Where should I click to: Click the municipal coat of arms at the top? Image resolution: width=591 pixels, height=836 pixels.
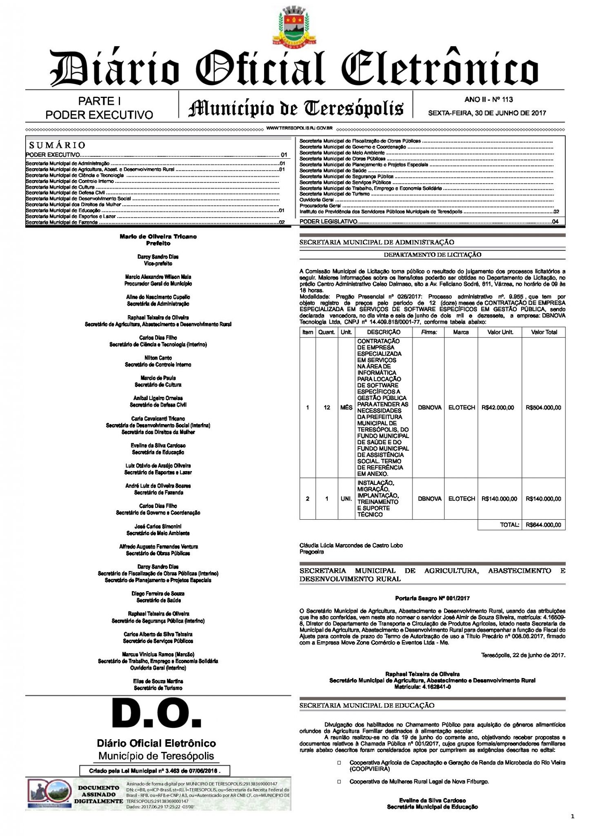(295, 25)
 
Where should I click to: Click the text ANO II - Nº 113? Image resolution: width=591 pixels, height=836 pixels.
(489, 100)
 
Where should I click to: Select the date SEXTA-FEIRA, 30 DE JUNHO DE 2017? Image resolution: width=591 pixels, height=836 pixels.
(487, 113)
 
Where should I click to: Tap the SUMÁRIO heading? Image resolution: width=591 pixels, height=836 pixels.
(58, 145)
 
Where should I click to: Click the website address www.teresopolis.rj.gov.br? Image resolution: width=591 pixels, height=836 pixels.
(300, 128)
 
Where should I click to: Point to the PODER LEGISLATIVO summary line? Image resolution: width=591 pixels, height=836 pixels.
(329, 221)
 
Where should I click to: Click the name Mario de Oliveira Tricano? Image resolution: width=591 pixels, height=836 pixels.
(158, 236)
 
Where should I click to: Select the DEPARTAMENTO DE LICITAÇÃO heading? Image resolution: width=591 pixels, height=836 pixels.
(432, 255)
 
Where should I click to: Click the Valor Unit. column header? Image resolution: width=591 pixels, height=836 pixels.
(500, 332)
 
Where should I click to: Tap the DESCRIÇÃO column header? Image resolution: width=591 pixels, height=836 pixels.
(383, 332)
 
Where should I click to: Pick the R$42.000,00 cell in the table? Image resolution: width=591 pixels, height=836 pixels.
(498, 407)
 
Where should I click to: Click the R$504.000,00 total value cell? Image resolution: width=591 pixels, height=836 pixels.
(543, 407)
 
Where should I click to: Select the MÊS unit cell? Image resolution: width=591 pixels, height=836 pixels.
(346, 407)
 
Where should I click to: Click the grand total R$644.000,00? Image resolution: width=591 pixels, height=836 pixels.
(543, 525)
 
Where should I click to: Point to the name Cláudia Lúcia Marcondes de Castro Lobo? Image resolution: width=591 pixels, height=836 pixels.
(351, 545)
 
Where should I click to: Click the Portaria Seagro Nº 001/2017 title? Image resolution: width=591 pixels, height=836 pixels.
(432, 598)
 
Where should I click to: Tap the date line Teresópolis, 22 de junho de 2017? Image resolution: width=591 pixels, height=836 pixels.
(523, 655)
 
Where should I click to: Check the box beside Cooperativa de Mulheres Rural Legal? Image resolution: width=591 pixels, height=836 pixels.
(339, 782)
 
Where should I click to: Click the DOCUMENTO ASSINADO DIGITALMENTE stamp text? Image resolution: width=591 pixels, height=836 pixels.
(98, 794)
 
